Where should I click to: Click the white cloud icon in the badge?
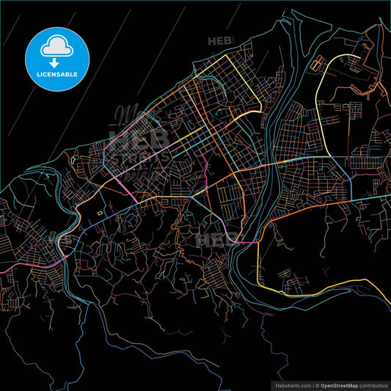[x=57, y=45]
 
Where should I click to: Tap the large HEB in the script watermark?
[x=139, y=137]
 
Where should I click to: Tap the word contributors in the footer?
[x=370, y=384]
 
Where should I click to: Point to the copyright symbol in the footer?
[x=317, y=384]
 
